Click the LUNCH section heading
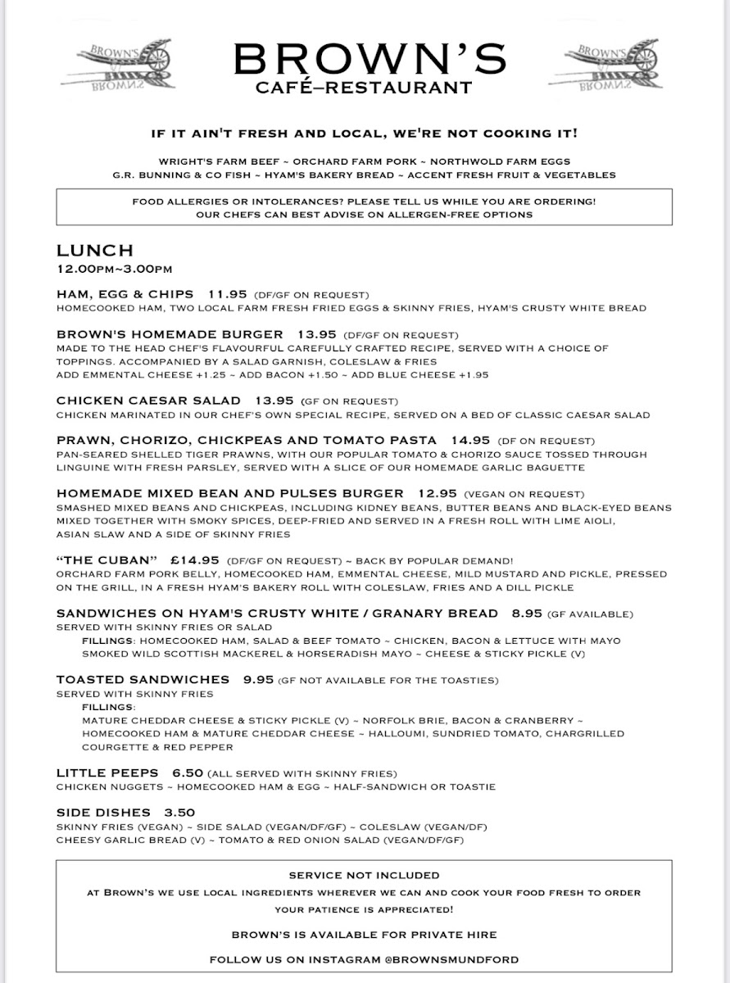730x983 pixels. (x=94, y=251)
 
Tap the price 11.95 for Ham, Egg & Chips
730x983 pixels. (x=227, y=294)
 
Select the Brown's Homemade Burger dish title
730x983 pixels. (x=170, y=334)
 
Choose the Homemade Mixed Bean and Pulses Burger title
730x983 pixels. (x=229, y=493)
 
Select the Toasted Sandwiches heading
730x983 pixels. (x=143, y=679)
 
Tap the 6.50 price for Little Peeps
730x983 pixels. (x=187, y=772)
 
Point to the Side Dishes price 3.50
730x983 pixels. (x=179, y=813)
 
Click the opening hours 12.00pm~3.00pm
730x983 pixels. (x=114, y=268)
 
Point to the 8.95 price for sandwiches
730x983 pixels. (x=527, y=614)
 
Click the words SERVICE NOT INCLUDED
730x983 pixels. (x=365, y=875)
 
